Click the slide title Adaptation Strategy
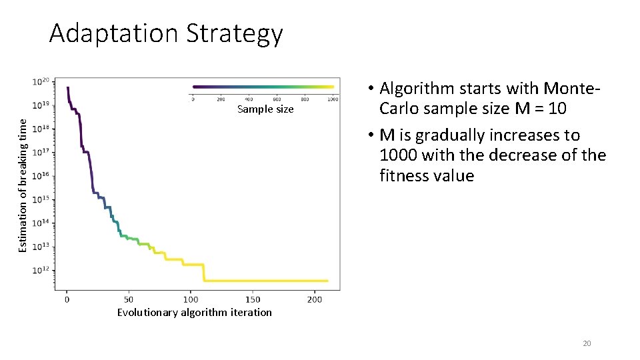click(x=166, y=33)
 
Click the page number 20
click(x=587, y=343)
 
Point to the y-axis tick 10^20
click(x=41, y=82)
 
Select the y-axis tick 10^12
click(x=41, y=270)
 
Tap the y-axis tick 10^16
click(x=41, y=176)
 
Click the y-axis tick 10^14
click(x=41, y=223)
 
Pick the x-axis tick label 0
click(x=67, y=299)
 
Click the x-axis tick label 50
click(x=129, y=299)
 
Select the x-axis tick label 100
click(x=191, y=299)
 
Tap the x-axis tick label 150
click(x=253, y=299)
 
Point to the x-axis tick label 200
click(x=315, y=299)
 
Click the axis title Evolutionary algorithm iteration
click(x=194, y=313)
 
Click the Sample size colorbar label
click(x=265, y=109)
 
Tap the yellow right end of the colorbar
click(x=331, y=87)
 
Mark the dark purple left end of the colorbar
click(x=195, y=87)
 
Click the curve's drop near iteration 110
click(x=203, y=273)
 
